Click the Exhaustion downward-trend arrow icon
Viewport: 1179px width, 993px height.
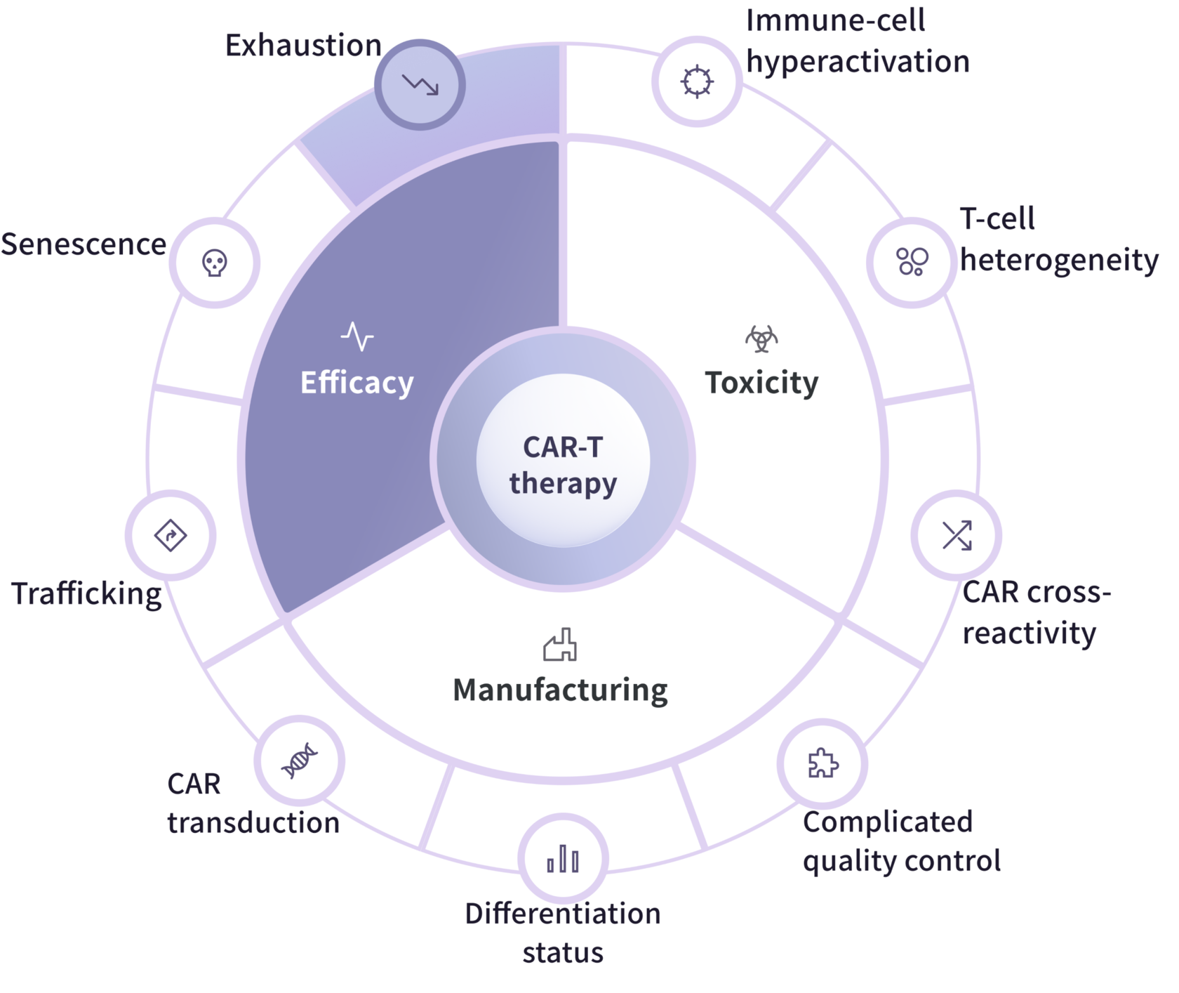(420, 84)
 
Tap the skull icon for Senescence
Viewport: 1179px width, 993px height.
(215, 263)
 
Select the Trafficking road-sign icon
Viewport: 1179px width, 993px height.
(171, 535)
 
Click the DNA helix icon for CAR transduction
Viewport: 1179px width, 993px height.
(299, 761)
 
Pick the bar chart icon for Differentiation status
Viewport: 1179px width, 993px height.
(563, 859)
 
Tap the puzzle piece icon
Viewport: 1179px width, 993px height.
(822, 763)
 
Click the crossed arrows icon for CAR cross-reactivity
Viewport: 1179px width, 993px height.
(957, 535)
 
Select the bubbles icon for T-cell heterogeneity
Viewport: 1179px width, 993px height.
(912, 261)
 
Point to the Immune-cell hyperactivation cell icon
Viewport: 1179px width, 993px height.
(697, 81)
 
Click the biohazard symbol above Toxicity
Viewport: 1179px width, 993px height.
(761, 339)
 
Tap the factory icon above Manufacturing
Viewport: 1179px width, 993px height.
(560, 645)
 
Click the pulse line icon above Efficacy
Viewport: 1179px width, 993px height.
(357, 336)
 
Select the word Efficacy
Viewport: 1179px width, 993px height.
(357, 383)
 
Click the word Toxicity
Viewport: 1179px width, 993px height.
(761, 383)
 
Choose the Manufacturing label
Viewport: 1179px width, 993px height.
(560, 690)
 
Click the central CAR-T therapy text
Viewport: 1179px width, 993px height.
(563, 465)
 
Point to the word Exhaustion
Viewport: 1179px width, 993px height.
(303, 46)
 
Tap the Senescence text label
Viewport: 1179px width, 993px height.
(84, 244)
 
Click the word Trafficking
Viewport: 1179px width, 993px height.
(87, 594)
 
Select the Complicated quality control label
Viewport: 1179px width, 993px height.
(902, 841)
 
